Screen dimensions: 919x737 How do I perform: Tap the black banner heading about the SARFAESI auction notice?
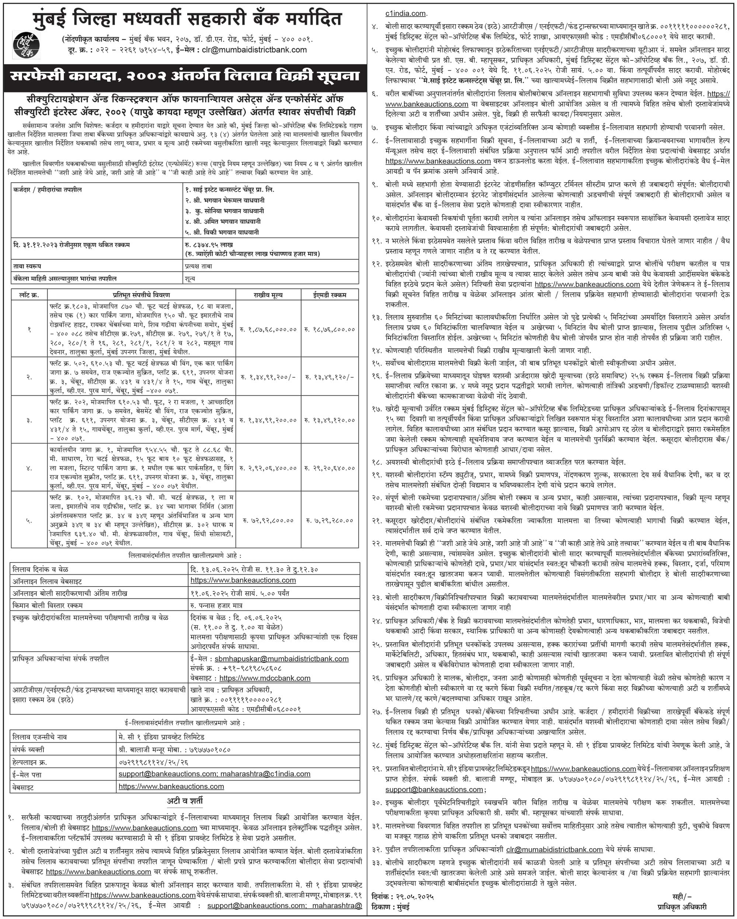point(185,76)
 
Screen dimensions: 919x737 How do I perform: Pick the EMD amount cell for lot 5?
point(329,521)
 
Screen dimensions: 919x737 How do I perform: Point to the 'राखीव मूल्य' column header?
point(268,295)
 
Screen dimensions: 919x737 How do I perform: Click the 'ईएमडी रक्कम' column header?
point(329,295)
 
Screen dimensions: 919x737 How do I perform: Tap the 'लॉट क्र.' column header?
point(29,295)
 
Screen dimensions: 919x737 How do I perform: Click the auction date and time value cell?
point(254,570)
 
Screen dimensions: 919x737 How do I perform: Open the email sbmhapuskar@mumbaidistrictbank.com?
point(282,659)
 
